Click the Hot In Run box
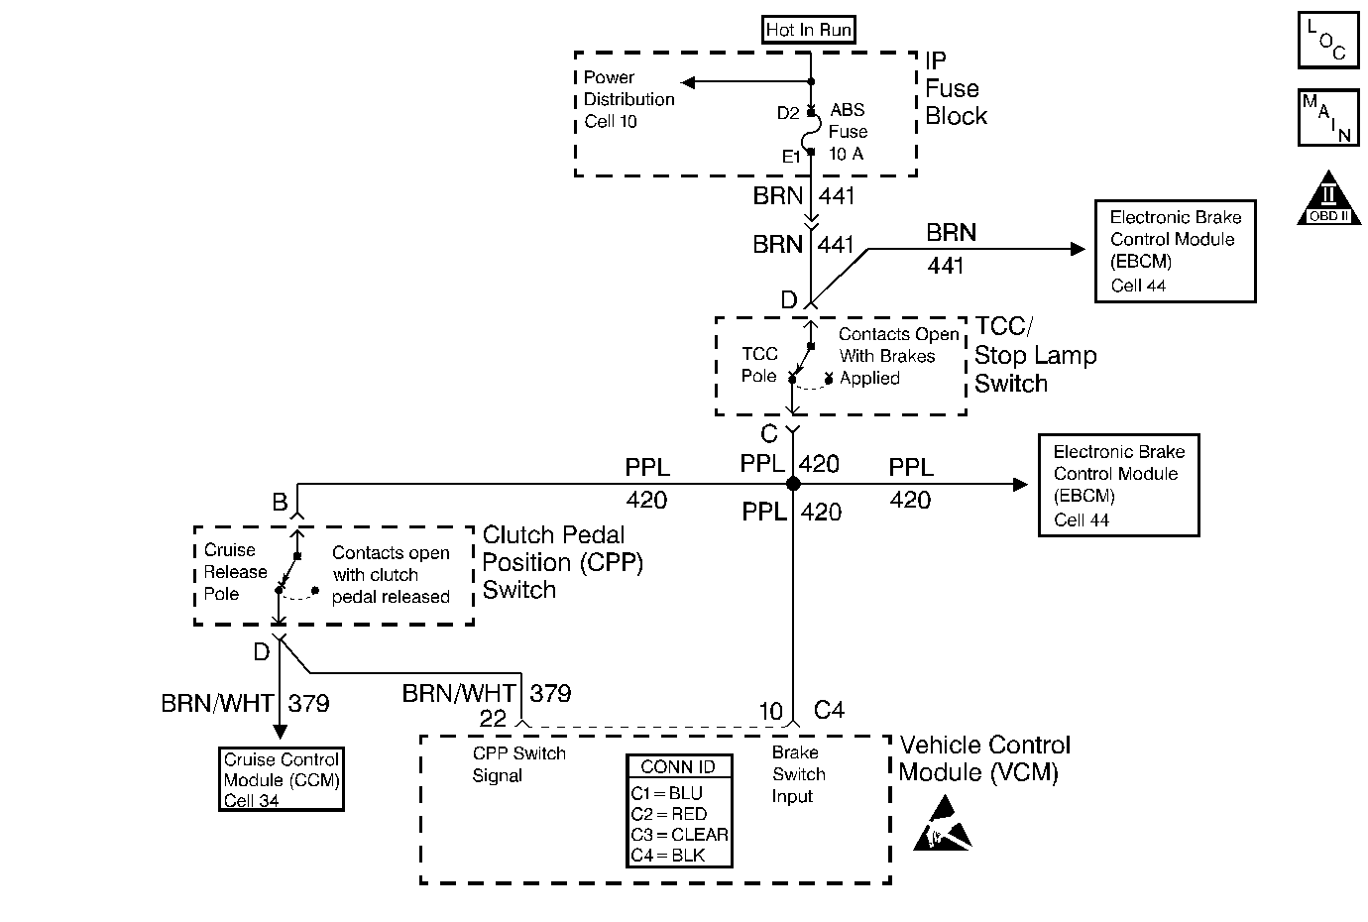(x=809, y=30)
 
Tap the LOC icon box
(x=1328, y=41)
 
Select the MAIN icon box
(x=1328, y=117)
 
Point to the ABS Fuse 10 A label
(x=848, y=132)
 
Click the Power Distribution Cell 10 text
(x=628, y=99)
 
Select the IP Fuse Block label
(x=956, y=89)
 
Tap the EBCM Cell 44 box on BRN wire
(x=1175, y=251)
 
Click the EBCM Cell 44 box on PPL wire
(x=1118, y=486)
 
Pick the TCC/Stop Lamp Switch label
(x=1035, y=355)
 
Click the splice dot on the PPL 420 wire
(x=793, y=484)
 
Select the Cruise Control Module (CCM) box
(x=282, y=779)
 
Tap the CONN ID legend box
(x=679, y=811)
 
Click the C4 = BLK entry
(x=668, y=855)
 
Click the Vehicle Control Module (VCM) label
(x=984, y=758)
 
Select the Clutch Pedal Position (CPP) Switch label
(x=562, y=562)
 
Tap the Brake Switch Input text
(x=798, y=774)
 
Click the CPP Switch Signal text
(x=518, y=764)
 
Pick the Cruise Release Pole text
(x=235, y=572)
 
